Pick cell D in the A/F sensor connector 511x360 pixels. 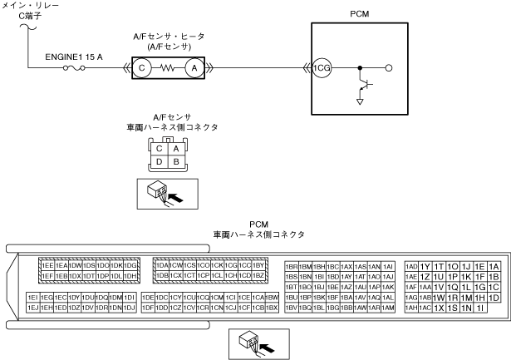tap(160, 162)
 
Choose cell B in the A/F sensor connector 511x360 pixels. tap(176, 162)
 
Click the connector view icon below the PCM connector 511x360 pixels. tap(257, 342)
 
